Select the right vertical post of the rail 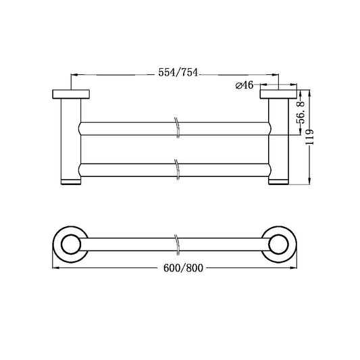pos(278,138)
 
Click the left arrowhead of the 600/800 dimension pos(55,268)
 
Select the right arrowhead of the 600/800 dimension pos(294,268)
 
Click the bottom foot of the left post pos(71,182)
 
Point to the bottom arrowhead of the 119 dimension pos(310,181)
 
